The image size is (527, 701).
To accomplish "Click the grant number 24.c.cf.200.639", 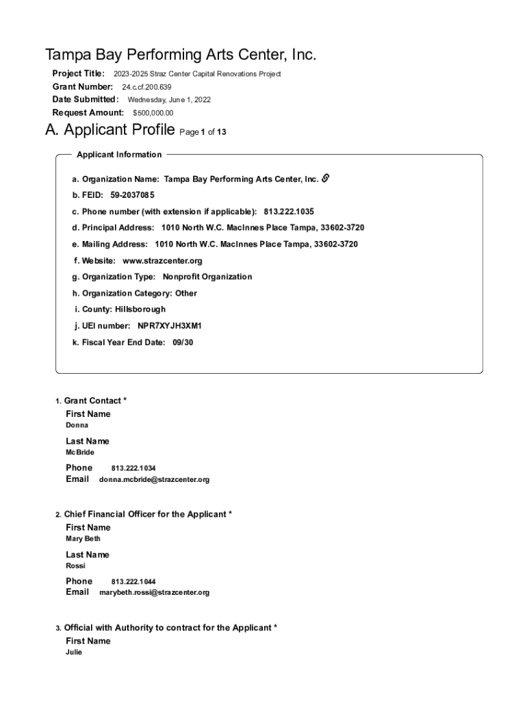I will [x=146, y=87].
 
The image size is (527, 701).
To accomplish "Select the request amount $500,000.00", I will [x=153, y=113].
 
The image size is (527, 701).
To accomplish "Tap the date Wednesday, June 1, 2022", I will [x=169, y=100].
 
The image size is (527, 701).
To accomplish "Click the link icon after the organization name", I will [x=326, y=179].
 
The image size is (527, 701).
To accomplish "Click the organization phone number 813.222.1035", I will [x=288, y=212].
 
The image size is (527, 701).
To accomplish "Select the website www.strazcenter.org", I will [x=162, y=261].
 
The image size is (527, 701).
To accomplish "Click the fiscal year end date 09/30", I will [x=183, y=342].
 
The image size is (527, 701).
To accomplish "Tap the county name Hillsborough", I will [x=140, y=309].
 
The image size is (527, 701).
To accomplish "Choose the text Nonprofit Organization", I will [x=207, y=277].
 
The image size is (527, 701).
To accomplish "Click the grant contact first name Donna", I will [x=77, y=425].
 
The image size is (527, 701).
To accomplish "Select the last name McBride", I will [x=80, y=453].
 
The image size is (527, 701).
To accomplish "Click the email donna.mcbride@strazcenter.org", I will [x=154, y=480].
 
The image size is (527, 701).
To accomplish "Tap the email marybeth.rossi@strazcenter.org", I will [x=154, y=593].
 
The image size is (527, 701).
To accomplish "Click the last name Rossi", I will [x=75, y=566].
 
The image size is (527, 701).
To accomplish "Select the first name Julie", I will [x=74, y=652].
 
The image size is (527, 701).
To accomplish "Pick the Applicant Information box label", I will [x=119, y=155].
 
